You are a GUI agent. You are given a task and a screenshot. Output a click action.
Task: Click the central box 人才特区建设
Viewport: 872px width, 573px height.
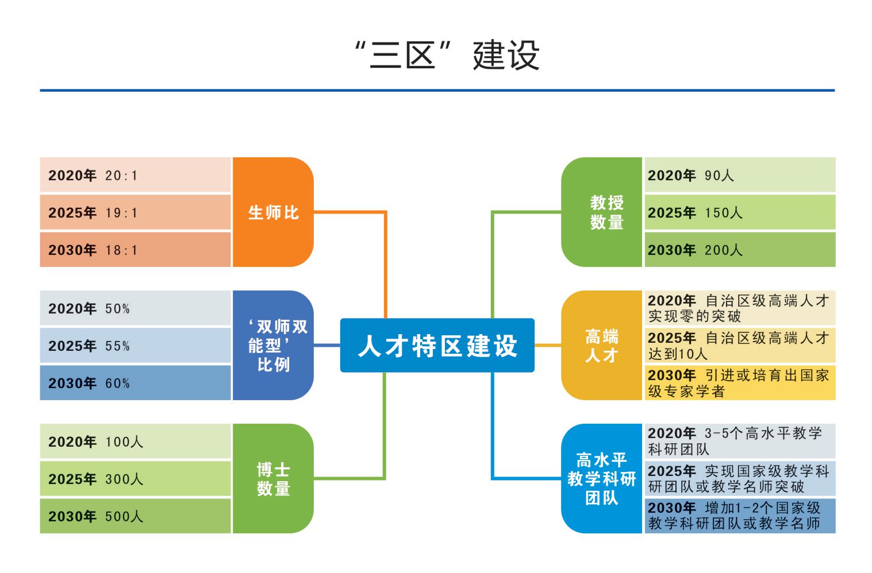tap(437, 346)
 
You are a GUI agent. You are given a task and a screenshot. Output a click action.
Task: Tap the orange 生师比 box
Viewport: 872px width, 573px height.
tap(273, 212)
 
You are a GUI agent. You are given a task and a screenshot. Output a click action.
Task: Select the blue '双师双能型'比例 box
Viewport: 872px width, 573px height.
tap(273, 346)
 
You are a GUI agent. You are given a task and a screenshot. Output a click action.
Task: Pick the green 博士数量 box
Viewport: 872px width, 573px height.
tap(273, 479)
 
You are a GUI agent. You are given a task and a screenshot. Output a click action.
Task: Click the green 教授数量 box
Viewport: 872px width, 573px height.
tap(602, 212)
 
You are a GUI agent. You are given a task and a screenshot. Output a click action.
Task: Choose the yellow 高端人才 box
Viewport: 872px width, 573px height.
tap(602, 346)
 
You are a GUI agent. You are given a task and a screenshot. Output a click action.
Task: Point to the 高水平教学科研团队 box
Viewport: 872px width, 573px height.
tap(602, 479)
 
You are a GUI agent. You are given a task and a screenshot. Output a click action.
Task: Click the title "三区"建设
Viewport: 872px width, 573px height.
tap(447, 55)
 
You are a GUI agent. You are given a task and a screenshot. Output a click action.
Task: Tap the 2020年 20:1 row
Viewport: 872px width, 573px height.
tap(135, 175)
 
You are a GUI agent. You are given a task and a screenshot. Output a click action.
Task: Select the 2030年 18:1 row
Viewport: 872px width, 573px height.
tap(135, 250)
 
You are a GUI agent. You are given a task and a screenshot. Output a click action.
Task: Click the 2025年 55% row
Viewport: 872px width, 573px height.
tap(135, 346)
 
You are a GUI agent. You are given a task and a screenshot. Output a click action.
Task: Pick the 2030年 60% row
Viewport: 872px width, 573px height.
tap(135, 383)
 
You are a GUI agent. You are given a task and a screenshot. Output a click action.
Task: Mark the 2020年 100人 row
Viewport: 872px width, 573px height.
tap(135, 442)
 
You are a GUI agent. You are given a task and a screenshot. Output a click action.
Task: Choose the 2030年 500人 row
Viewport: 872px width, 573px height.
tap(135, 516)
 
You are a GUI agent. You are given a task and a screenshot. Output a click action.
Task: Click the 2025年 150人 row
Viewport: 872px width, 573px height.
tap(740, 212)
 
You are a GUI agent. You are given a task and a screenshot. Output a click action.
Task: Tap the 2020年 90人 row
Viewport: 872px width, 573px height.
tap(740, 175)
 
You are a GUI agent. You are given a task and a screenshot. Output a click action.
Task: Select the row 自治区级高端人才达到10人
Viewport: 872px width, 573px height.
tap(740, 346)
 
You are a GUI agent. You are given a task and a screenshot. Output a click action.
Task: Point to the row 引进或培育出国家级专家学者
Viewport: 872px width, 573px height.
tap(740, 383)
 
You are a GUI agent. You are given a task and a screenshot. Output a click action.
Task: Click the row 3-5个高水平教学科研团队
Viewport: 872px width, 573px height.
tap(740, 442)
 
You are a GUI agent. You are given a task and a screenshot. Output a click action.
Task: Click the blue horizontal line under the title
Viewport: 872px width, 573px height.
tap(437, 90)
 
